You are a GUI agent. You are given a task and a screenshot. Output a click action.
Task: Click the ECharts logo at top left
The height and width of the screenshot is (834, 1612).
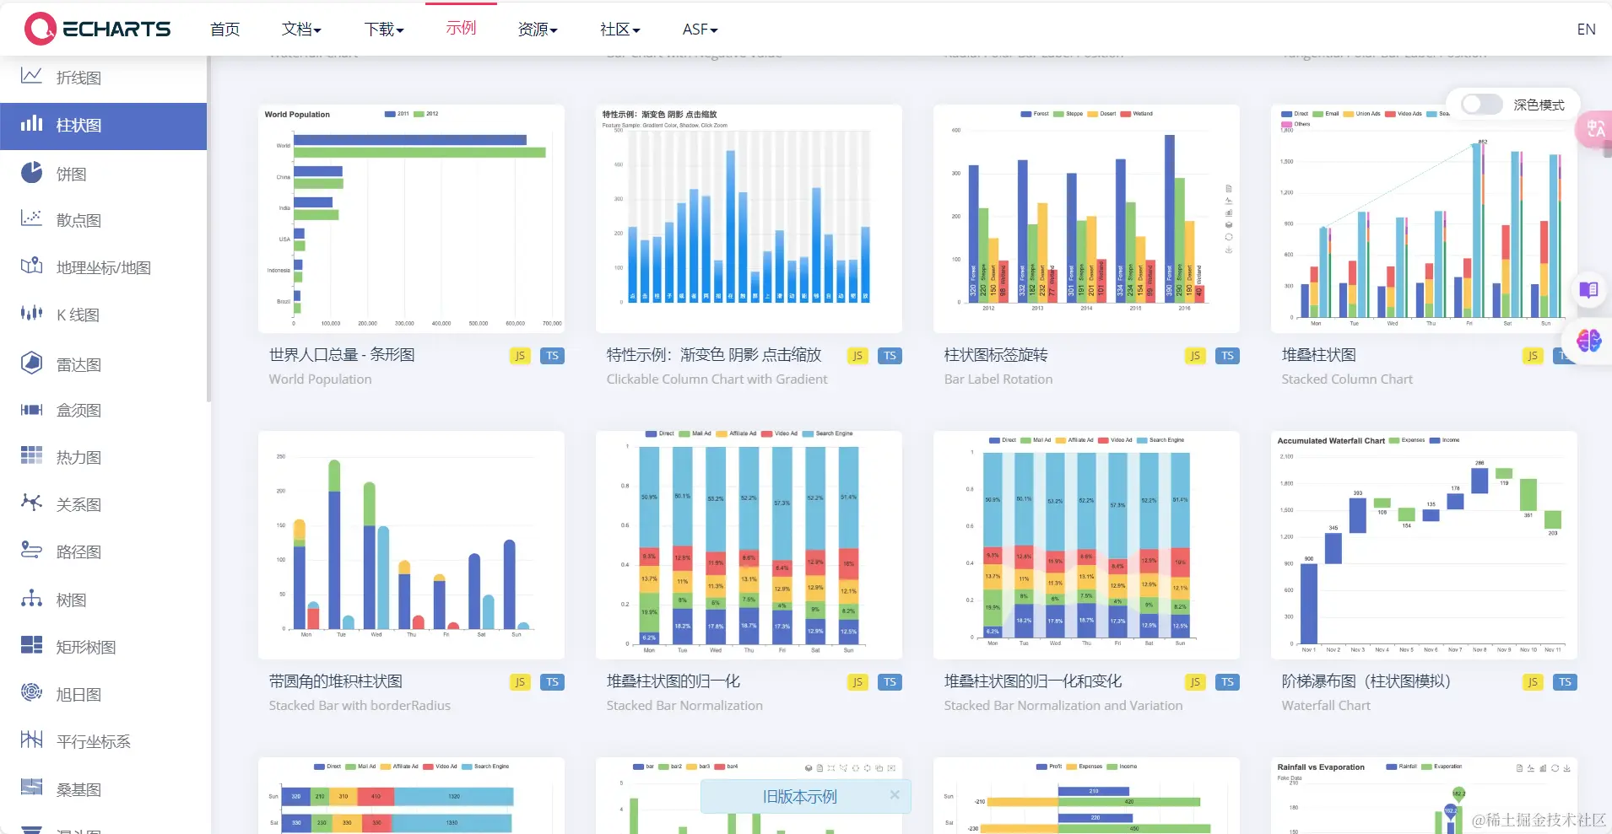point(97,29)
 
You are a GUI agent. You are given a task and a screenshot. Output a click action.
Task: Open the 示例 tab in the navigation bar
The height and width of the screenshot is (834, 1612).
point(461,29)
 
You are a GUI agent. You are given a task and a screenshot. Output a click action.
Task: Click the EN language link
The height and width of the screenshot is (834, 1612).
point(1585,30)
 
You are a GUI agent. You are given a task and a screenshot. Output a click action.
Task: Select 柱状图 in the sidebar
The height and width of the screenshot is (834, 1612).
point(78,126)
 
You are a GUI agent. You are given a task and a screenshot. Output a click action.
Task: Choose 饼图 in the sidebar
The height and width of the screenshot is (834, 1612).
point(71,174)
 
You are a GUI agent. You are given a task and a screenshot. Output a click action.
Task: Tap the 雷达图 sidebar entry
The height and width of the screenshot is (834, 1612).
point(78,364)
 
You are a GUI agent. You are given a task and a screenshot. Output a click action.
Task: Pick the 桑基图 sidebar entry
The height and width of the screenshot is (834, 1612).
point(78,789)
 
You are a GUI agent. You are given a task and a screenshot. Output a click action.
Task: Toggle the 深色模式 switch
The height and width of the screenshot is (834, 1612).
point(1481,105)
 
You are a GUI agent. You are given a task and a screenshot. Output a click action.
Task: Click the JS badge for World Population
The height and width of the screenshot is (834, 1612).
point(520,356)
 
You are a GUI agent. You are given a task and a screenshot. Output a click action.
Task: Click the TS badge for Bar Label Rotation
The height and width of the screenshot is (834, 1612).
point(1227,356)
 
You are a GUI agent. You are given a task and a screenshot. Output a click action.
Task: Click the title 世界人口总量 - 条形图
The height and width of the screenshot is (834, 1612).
point(342,355)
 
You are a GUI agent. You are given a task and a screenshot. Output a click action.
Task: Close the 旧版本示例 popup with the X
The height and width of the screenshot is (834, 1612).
point(895,795)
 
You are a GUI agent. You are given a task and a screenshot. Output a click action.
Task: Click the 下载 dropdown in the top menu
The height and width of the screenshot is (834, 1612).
point(384,30)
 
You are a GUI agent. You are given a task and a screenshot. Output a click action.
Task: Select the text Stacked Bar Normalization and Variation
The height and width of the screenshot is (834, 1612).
point(1063,706)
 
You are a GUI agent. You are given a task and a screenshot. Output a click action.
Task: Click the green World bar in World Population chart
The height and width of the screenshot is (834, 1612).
point(419,153)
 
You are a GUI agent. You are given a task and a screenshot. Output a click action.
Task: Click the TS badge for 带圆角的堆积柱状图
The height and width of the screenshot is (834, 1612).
point(552,682)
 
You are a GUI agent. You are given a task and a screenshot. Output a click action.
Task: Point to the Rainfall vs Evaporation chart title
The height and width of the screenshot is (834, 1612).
point(1320,767)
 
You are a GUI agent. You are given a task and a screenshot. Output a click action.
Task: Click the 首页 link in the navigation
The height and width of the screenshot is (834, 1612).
point(224,30)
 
